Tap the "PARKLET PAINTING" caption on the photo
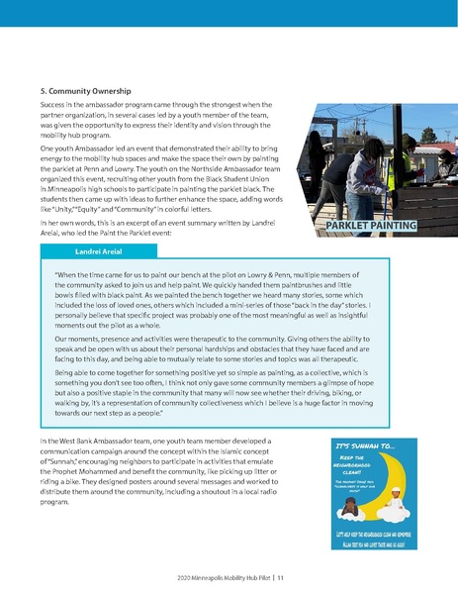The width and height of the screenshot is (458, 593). [369, 226]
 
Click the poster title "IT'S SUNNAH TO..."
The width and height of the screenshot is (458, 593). [364, 448]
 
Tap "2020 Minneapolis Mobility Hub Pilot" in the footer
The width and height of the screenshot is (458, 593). [219, 576]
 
